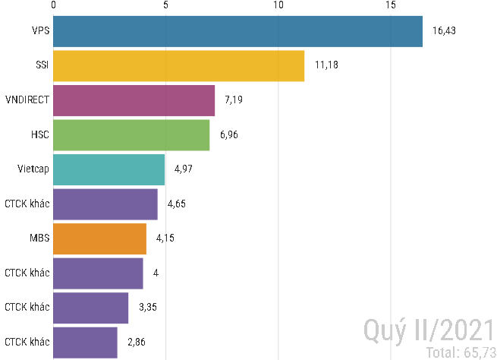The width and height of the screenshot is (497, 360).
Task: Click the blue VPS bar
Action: pos(237,31)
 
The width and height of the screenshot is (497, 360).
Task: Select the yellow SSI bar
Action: pos(178,66)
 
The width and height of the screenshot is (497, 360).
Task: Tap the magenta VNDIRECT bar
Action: pos(134,100)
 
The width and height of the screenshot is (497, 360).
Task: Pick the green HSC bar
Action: pos(131,135)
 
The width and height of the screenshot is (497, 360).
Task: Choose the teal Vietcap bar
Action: pos(109,169)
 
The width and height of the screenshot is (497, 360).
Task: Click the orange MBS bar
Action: pos(99,238)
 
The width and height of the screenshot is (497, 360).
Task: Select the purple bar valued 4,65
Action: pos(105,204)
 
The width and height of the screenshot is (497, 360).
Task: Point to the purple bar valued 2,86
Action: pos(85,342)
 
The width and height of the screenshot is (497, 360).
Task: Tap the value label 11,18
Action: pos(326,66)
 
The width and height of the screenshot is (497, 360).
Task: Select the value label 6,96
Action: pos(228,135)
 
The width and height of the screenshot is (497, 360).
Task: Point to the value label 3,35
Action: pos(147,308)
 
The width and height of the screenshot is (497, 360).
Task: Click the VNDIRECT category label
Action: pos(27,100)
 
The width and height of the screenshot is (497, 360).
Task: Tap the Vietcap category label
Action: pos(33,169)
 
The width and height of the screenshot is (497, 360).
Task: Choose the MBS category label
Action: pos(39,238)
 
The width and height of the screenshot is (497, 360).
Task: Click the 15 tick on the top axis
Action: pos(391,5)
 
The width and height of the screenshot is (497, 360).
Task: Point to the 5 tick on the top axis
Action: pos(165,5)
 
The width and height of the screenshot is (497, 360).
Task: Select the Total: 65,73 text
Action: pos(460,352)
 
